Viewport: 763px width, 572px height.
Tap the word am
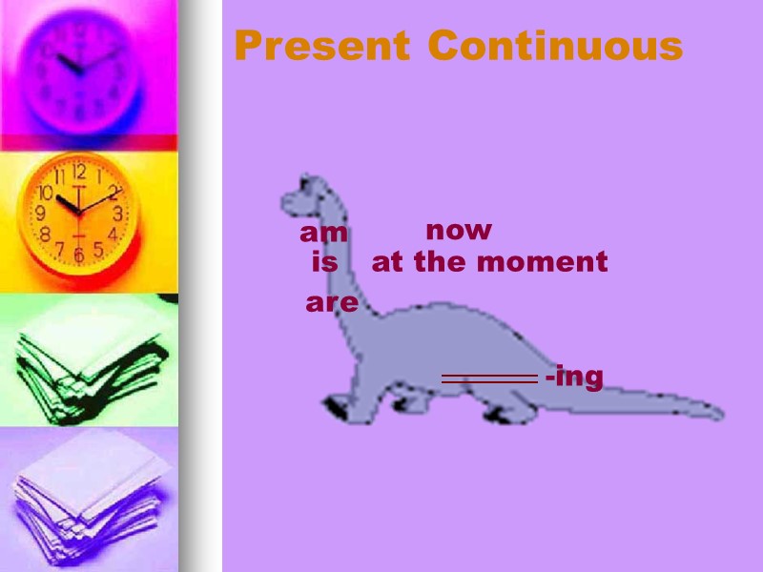coord(324,234)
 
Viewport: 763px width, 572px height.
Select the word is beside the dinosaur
coord(324,262)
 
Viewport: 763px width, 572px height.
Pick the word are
coord(332,303)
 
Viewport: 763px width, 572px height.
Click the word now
coord(459,231)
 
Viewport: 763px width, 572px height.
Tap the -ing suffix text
coord(574,378)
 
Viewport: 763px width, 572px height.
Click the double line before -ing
coord(489,378)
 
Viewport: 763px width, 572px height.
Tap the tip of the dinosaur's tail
coord(717,414)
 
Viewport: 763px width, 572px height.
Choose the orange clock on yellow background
coord(80,214)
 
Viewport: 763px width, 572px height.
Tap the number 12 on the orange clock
coord(79,174)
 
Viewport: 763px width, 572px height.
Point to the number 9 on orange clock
coord(41,214)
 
